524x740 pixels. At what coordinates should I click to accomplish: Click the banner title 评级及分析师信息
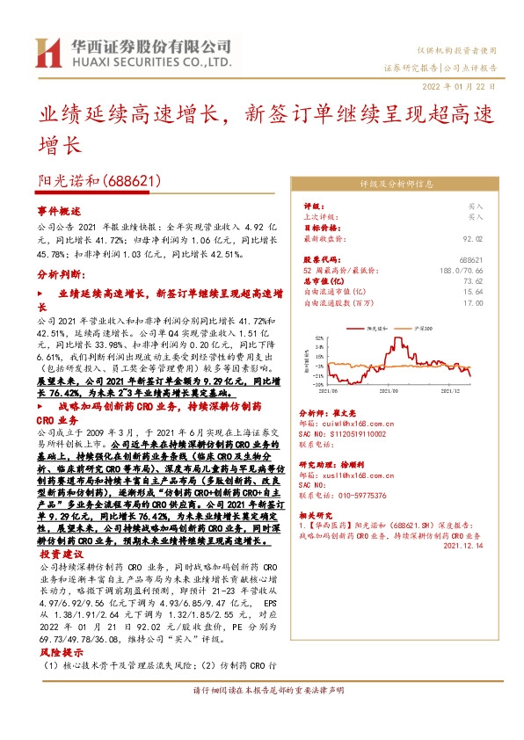click(397, 185)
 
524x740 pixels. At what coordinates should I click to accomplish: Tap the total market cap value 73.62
click(472, 281)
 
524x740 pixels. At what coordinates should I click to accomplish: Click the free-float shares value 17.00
click(472, 302)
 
